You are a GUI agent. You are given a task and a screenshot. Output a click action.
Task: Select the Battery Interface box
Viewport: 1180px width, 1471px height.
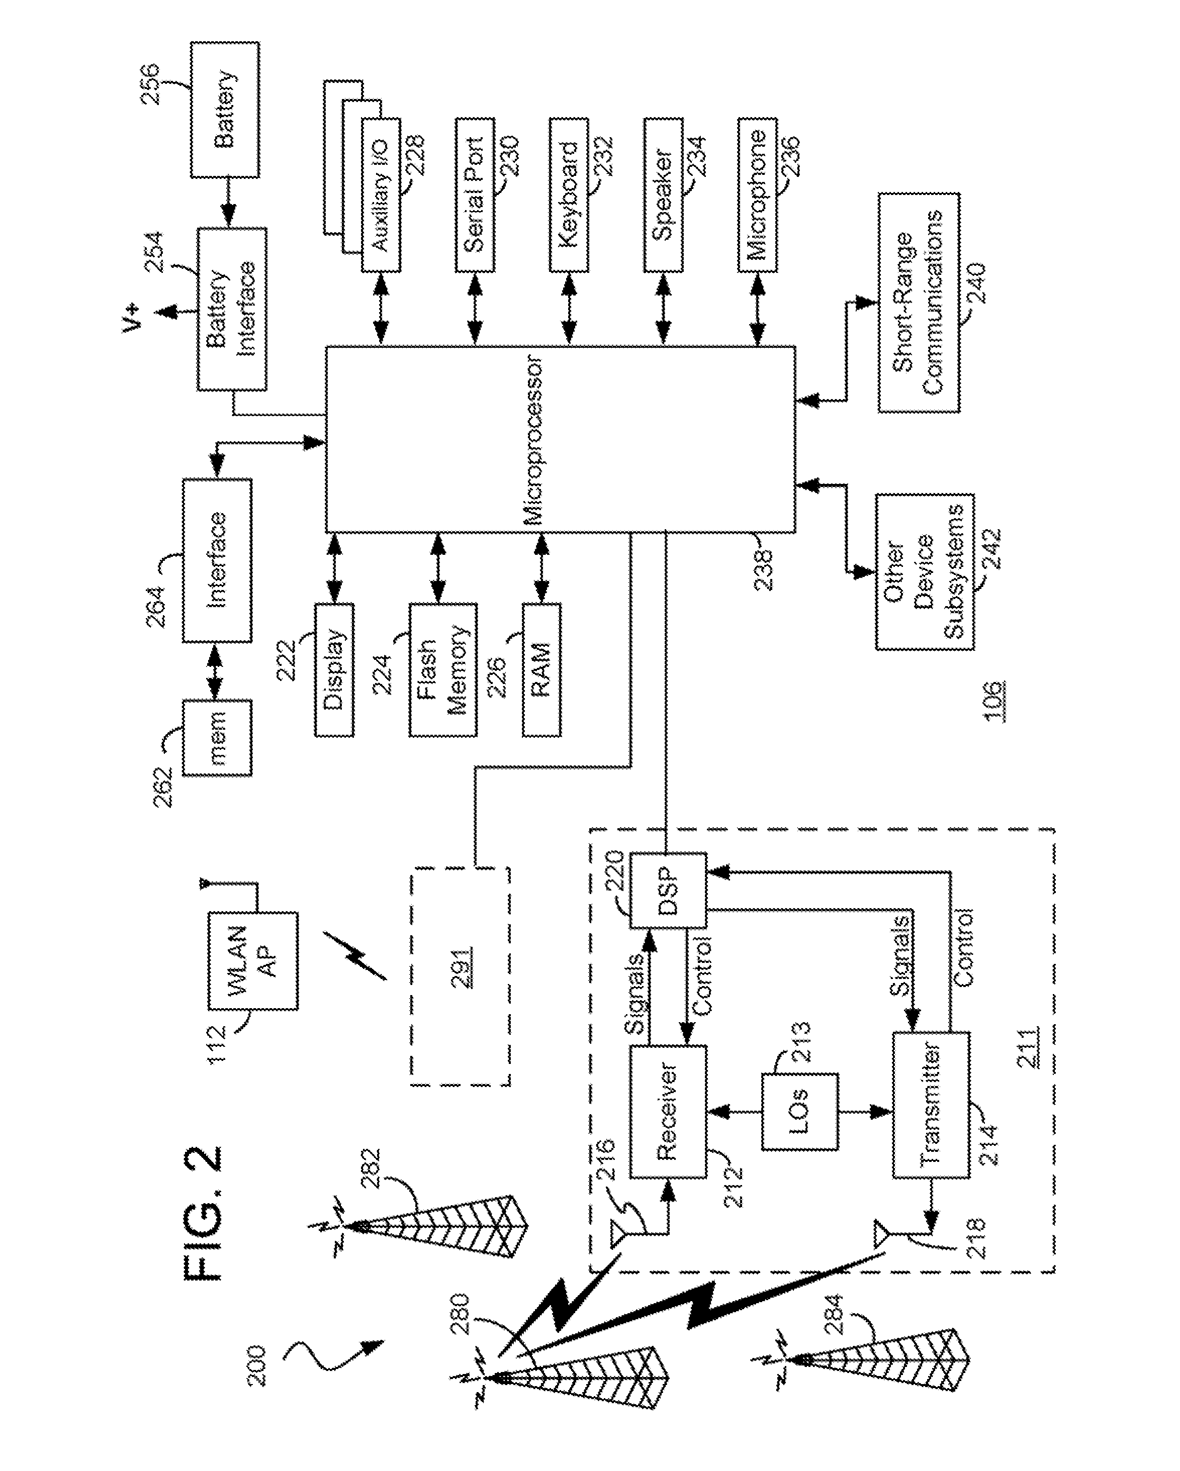[232, 309]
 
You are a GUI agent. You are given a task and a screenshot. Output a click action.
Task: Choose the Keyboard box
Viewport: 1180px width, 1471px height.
[569, 195]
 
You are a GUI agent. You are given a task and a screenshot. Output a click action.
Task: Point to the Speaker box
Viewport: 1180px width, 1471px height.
[663, 195]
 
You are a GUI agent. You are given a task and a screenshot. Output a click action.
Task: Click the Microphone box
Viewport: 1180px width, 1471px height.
[757, 195]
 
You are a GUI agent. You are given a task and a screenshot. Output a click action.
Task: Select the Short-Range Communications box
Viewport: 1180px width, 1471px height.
[919, 303]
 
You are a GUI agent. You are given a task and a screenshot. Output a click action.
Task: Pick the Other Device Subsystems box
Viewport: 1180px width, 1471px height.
[925, 572]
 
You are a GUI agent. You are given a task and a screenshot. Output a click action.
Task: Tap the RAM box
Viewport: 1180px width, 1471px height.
[541, 669]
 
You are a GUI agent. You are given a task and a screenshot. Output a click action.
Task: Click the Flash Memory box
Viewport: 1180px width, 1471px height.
[443, 669]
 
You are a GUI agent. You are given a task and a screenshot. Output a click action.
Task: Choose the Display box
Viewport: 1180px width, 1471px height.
[334, 669]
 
